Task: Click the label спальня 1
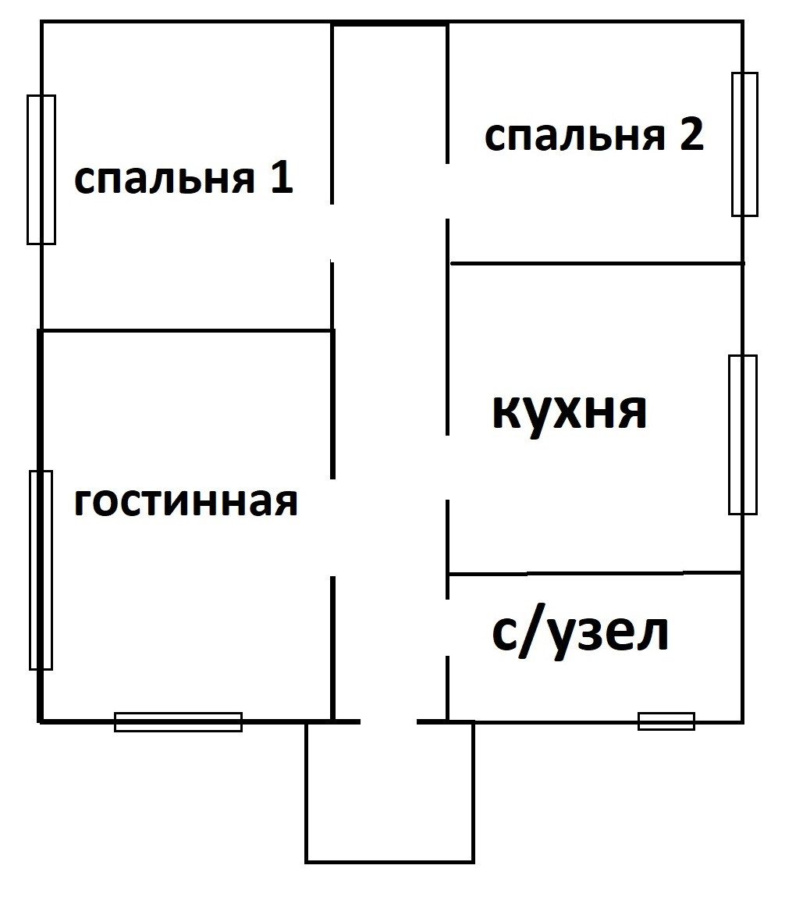coord(183,180)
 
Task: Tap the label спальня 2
coord(594,137)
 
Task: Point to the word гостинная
coord(186,502)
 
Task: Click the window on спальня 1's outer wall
coord(41,169)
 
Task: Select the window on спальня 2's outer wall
coord(744,144)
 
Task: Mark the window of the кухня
coord(742,434)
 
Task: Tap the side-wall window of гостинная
coord(41,570)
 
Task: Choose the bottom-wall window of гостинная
coord(178,721)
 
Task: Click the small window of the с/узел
coord(666,721)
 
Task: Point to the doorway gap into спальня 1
coord(332,233)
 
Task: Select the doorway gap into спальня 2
coord(447,191)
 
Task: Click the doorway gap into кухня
coord(447,467)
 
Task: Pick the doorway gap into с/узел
coord(447,628)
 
